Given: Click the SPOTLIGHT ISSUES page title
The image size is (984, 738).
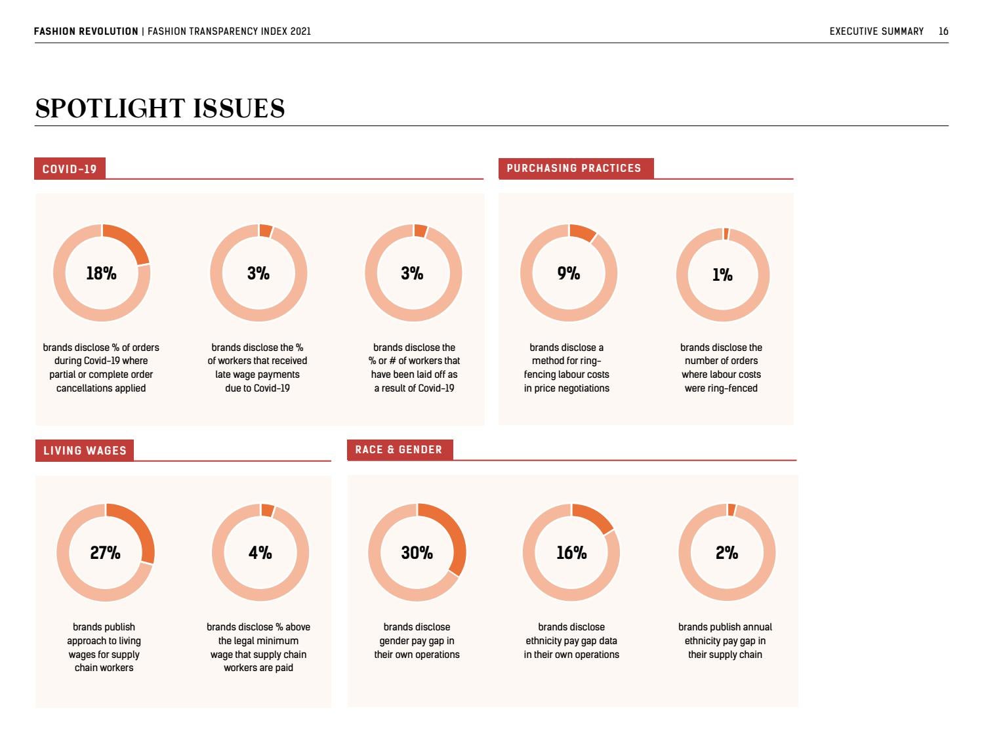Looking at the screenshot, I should pos(160,108).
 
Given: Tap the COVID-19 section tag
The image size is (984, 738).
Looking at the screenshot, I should pos(70,169).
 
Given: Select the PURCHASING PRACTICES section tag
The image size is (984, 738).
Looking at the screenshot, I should pos(574,168).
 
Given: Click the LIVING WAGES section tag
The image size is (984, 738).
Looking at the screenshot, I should pos(85,451).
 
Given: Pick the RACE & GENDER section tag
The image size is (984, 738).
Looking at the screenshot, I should pos(399,449).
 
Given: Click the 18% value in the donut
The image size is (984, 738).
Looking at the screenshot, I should pos(101,274).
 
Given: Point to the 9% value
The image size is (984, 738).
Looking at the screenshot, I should pos(569,274).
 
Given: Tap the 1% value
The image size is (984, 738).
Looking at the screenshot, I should pos(722,275).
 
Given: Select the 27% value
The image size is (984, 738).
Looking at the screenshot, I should pos(105,553).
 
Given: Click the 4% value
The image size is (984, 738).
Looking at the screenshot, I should pos(260,553).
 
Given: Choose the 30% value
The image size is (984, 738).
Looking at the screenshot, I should pos(417,553).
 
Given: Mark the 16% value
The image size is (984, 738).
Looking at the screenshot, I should pos(571,553).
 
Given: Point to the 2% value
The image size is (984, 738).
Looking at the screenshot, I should pos(727,553).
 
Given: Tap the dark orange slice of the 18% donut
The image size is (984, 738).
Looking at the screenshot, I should pos(131,241).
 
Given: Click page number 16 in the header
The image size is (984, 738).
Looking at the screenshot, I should pos(943,31).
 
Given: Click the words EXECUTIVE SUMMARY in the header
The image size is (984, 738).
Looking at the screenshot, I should pos(876,31).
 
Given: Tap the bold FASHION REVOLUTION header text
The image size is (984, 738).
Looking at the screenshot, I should pos(86,31).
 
